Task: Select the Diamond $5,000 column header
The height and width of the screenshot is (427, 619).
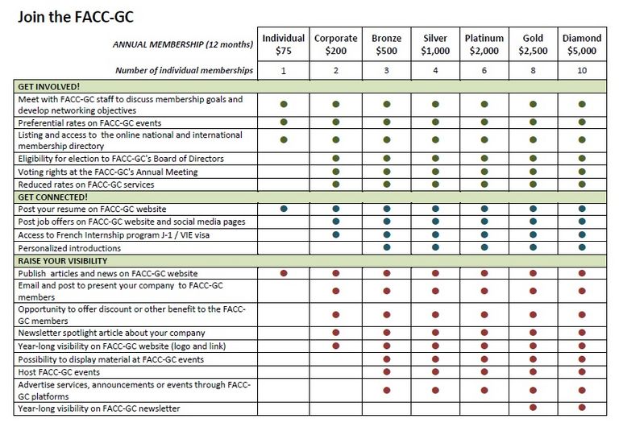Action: click(x=582, y=44)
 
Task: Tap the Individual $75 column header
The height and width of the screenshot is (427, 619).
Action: click(x=284, y=44)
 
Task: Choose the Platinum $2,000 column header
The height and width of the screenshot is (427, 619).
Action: click(x=484, y=44)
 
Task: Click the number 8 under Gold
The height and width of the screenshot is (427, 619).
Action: click(x=533, y=71)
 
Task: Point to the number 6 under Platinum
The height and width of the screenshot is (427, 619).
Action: click(x=484, y=71)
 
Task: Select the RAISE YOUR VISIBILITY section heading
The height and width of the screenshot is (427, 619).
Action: click(x=62, y=261)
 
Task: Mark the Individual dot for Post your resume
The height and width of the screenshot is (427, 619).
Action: click(x=284, y=209)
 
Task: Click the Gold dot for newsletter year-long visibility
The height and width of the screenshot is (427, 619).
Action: click(x=533, y=408)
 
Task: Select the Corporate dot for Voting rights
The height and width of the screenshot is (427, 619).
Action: click(x=335, y=172)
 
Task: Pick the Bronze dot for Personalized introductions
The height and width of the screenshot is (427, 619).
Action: click(x=387, y=247)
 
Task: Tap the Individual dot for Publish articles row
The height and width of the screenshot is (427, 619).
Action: click(x=284, y=274)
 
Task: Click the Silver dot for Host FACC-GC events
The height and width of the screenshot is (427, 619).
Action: click(x=435, y=372)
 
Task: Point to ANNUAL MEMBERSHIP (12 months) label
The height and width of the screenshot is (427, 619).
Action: click(x=181, y=45)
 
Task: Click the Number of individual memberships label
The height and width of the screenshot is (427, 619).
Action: click(x=184, y=71)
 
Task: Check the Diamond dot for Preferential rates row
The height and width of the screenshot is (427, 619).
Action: click(x=582, y=122)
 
